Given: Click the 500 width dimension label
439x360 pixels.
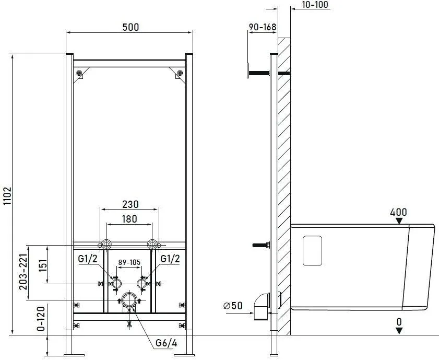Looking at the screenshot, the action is [130, 27].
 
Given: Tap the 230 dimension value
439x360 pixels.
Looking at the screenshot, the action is [130, 204].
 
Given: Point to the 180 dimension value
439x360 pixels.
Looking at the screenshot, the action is [129, 219].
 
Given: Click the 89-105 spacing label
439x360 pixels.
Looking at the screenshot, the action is [129, 262].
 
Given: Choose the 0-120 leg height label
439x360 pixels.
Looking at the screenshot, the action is [41, 319].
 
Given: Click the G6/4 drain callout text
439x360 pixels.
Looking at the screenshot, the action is [167, 343].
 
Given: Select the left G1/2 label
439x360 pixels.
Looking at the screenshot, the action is [88, 259].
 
